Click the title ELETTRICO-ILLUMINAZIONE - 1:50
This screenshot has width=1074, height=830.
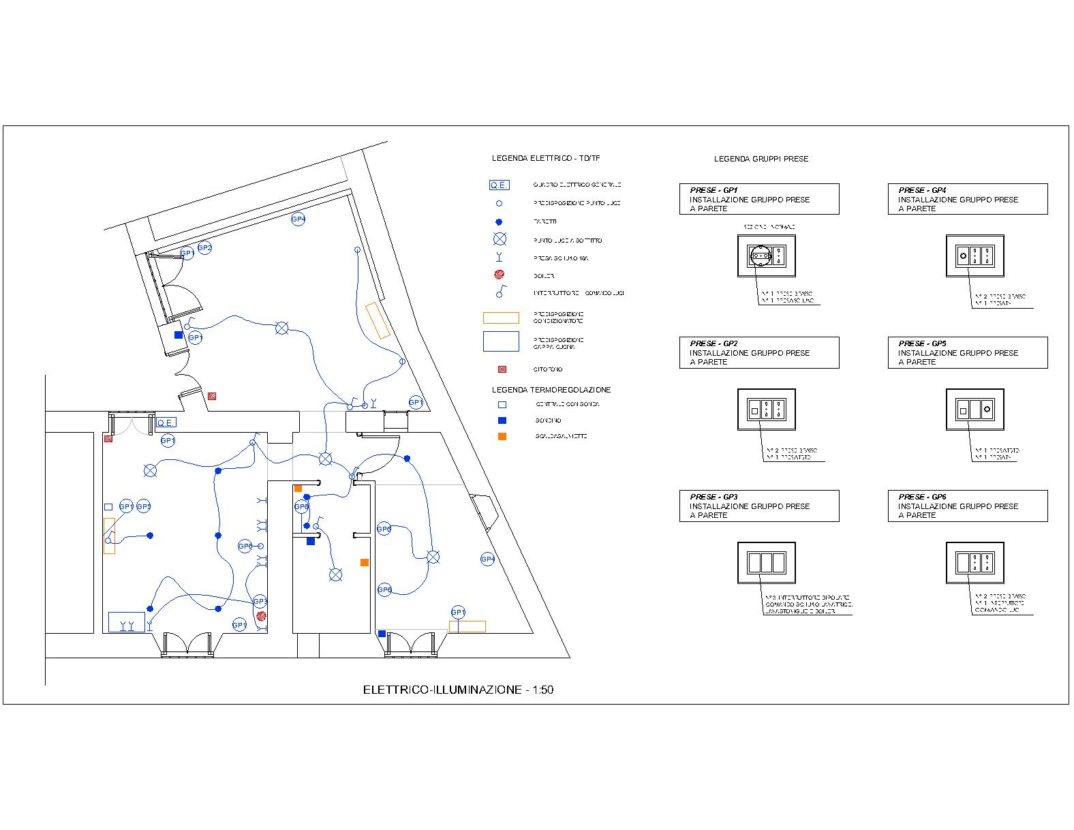458,690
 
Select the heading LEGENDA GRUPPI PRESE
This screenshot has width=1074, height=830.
761,159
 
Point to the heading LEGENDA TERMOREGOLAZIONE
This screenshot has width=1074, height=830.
551,390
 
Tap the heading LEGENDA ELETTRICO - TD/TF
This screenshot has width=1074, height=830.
546,158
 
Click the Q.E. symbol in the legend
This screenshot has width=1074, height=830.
499,185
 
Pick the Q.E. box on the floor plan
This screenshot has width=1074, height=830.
166,422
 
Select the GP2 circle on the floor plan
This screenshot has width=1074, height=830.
204,248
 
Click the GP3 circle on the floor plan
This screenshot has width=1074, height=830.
260,602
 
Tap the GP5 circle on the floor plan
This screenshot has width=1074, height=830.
143,506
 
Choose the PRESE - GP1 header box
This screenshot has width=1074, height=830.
758,199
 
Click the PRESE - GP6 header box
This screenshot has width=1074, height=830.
967,506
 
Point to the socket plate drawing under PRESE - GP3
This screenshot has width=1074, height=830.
766,563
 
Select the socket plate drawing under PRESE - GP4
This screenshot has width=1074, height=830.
975,256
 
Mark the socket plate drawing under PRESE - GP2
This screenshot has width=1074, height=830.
766,410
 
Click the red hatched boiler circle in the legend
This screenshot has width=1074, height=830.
499,275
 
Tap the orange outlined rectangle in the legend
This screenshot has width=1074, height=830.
500,318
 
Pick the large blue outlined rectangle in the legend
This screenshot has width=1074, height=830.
500,341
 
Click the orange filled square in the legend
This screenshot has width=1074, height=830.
502,436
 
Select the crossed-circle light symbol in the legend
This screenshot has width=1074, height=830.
500,239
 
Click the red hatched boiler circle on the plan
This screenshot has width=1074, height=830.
261,615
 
